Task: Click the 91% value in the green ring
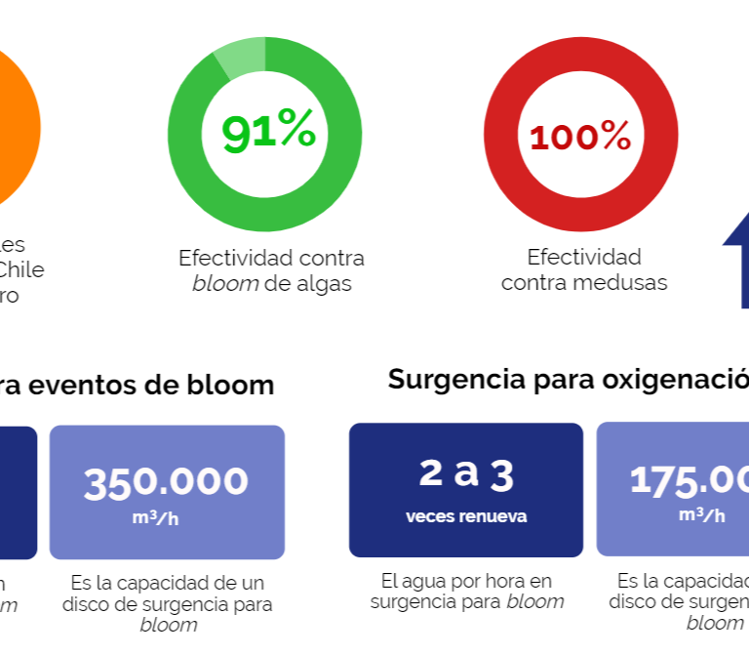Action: (269, 132)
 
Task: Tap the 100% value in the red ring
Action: (580, 137)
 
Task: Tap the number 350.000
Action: (166, 482)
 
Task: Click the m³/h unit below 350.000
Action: (156, 517)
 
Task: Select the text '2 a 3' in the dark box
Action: (466, 474)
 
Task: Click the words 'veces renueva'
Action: (466, 516)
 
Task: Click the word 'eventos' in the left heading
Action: (94, 385)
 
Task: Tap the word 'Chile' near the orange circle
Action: (20, 269)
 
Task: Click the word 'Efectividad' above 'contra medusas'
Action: (584, 257)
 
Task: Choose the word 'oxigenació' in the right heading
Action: (689, 379)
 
